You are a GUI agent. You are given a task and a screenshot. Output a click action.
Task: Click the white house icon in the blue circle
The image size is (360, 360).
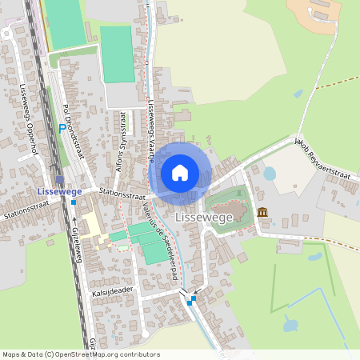[180, 172]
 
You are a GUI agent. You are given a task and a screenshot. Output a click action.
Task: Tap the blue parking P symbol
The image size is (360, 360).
[62, 128]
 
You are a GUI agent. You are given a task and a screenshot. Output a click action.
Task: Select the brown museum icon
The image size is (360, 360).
[262, 212]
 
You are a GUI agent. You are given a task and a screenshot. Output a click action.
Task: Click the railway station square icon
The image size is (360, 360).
[59, 180]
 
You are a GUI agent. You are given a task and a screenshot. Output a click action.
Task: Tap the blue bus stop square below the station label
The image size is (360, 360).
[74, 202]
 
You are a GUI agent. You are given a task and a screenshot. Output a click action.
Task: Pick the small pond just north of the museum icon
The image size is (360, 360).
[270, 173]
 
